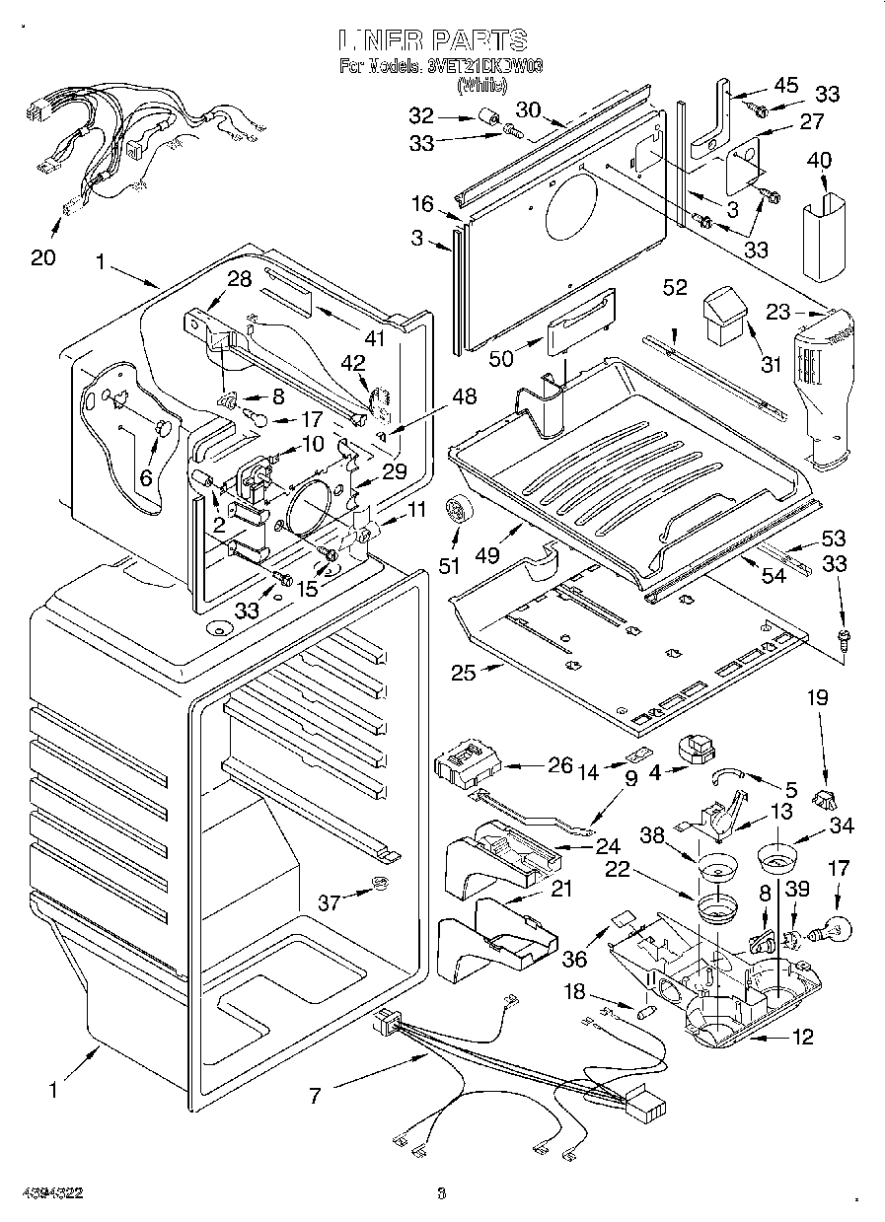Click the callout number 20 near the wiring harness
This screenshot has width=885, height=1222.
click(42, 257)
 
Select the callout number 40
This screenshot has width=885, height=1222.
click(819, 161)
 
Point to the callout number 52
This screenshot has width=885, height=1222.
click(675, 287)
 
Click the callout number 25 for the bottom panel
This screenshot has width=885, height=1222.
click(463, 673)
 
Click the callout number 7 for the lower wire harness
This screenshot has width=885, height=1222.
click(316, 1094)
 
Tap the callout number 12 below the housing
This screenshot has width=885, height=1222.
click(803, 1037)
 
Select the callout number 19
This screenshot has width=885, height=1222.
click(818, 698)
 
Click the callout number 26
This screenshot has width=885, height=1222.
click(559, 764)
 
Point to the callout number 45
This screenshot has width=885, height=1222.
click(785, 86)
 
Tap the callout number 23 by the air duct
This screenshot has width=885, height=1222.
click(779, 313)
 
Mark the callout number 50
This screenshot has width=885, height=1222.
click(500, 358)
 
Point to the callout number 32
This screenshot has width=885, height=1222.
click(420, 114)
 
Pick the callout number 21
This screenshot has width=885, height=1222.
click(560, 888)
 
